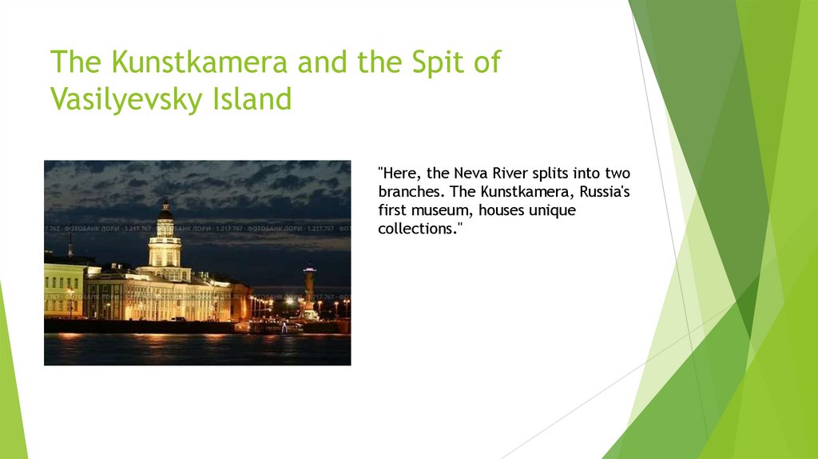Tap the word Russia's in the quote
[x=606, y=192]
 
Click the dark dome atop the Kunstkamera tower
[x=165, y=214]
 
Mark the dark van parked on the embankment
[x=177, y=318]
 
